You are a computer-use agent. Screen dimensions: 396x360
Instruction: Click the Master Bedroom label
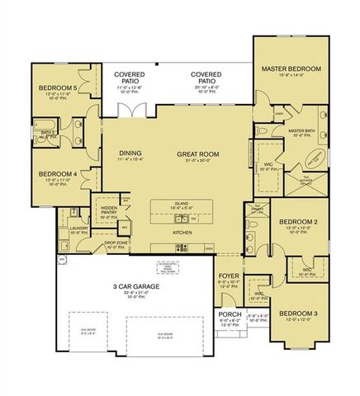tap(291, 68)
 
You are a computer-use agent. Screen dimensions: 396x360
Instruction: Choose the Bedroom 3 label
tap(296, 313)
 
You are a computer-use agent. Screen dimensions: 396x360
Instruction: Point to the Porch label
tap(228, 315)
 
